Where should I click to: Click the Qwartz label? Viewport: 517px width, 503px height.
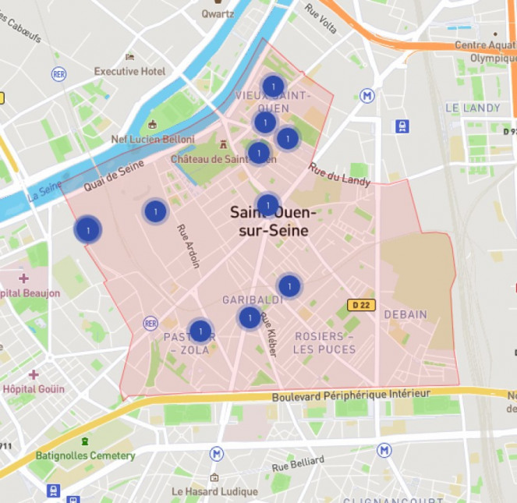[218, 13]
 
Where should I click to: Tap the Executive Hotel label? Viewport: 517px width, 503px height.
[129, 71]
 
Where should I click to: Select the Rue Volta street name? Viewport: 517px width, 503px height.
[320, 19]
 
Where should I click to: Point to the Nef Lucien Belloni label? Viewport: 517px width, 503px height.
[153, 139]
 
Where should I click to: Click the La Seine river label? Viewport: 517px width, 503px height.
[44, 192]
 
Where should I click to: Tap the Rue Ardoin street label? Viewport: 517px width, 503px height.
[188, 246]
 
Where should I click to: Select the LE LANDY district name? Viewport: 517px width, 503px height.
[472, 108]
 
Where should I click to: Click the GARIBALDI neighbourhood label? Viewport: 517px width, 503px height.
[252, 299]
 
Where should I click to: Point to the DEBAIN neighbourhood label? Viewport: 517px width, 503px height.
[405, 314]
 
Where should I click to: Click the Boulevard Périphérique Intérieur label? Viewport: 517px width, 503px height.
[351, 396]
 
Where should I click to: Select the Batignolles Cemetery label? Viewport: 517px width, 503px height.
[85, 455]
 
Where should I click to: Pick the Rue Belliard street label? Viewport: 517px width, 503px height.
[298, 465]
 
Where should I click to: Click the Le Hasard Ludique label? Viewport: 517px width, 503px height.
[214, 491]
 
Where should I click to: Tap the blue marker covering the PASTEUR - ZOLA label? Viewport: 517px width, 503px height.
[200, 331]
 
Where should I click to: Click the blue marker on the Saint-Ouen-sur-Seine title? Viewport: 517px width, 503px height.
[267, 205]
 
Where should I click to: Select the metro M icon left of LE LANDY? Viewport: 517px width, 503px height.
[367, 95]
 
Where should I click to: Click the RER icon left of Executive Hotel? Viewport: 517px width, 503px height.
[58, 73]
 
